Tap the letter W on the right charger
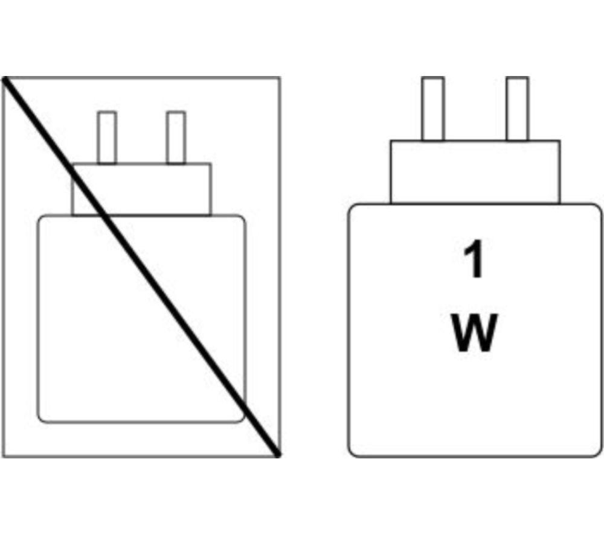click(x=474, y=332)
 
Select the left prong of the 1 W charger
click(x=432, y=109)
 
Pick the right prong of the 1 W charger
click(x=518, y=109)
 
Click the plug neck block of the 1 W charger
click(x=475, y=172)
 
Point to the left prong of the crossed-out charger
click(x=107, y=138)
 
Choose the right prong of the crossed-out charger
click(x=176, y=138)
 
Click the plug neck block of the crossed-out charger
click(x=141, y=189)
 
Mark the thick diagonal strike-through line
click(x=141, y=267)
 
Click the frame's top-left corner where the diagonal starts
click(x=4, y=78)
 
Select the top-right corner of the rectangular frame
click(x=280, y=78)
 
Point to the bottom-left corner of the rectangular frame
click(x=3, y=457)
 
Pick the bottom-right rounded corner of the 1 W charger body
click(x=598, y=454)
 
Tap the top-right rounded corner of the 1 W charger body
click(x=598, y=207)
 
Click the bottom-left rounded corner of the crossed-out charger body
click(x=40, y=420)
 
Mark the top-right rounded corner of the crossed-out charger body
click(x=242, y=218)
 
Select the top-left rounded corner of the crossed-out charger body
click(x=40, y=218)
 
